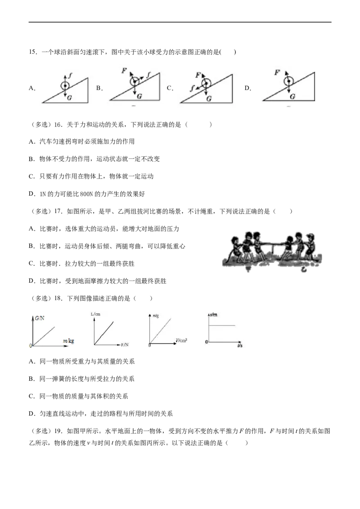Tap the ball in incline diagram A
pos(65,86)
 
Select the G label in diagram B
pos(139,96)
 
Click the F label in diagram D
pos(277,72)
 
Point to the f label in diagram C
pos(193,88)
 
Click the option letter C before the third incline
pos(170,88)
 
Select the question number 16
pos(58,125)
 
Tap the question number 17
pos(58,212)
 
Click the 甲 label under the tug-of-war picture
pos(248,269)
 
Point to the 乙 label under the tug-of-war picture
pos(303,269)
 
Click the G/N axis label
pos(40,318)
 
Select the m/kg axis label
pos(68,341)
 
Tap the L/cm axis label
pos(95,314)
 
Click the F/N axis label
pos(125,345)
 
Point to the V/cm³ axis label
pos(181,340)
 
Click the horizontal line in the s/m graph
pos(221,325)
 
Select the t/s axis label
pos(240,345)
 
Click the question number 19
pos(58,431)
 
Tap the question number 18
pos(58,299)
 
